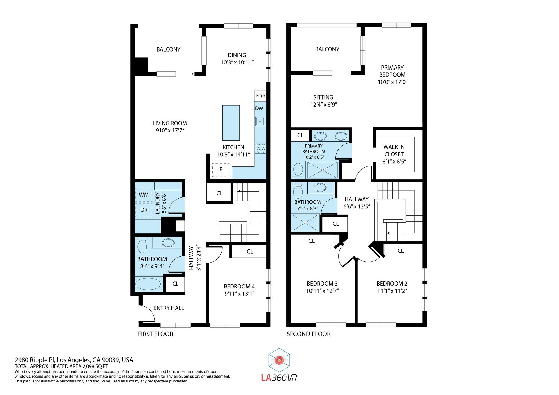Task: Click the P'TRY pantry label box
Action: tap(260, 96)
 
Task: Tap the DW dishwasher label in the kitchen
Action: tap(259, 108)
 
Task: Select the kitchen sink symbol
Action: tap(260, 121)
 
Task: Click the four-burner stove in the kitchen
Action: tap(260, 148)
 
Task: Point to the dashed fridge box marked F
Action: tap(221, 170)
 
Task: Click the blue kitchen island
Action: tap(231, 123)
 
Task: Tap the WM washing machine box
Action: tap(144, 195)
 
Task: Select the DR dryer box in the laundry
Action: tap(144, 210)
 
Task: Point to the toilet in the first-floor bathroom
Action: tap(142, 245)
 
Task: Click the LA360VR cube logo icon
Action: tap(279, 360)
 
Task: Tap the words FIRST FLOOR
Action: tap(155, 334)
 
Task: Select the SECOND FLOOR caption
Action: tap(309, 334)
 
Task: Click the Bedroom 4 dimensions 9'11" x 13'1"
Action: tap(239, 294)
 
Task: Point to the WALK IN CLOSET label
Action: tap(394, 150)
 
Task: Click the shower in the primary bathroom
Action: tap(322, 170)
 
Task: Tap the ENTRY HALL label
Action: tap(169, 308)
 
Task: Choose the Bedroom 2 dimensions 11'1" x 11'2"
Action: tap(392, 291)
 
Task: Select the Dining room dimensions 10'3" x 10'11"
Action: tap(237, 62)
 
